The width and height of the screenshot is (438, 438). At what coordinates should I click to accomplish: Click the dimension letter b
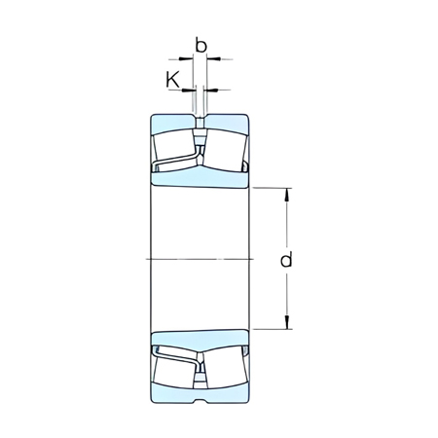click(x=201, y=45)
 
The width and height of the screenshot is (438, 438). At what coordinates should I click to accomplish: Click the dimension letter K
click(x=173, y=79)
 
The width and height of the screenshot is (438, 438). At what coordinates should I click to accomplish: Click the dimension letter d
click(x=285, y=260)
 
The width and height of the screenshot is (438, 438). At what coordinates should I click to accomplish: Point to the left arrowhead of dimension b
click(x=189, y=59)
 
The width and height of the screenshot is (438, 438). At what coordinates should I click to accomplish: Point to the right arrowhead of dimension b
click(x=210, y=59)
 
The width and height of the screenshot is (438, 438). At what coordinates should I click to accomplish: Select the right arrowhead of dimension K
click(x=206, y=91)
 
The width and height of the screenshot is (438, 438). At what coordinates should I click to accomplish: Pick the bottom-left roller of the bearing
click(x=174, y=368)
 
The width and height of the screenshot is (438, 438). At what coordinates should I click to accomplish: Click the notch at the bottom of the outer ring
click(x=200, y=400)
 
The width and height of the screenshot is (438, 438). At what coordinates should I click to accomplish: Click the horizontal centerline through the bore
click(x=200, y=258)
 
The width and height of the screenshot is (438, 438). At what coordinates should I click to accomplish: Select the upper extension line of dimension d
click(x=273, y=185)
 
